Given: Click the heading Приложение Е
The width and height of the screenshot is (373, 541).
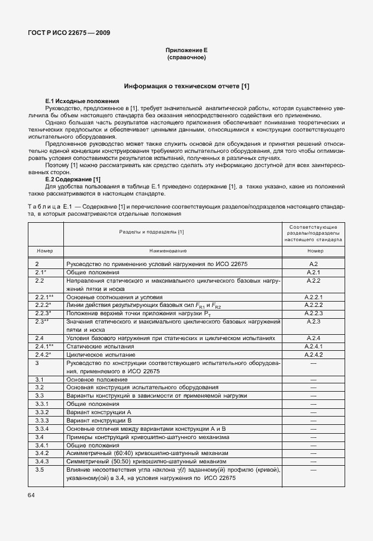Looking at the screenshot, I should tap(186, 51).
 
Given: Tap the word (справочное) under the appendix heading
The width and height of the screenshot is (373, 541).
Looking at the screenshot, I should tap(186, 58).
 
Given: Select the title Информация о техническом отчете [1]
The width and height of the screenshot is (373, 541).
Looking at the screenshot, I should tap(186, 87).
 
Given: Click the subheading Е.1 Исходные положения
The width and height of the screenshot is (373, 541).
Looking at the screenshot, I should tap(82, 101).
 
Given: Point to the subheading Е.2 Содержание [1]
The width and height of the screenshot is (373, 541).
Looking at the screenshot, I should tap(73, 180).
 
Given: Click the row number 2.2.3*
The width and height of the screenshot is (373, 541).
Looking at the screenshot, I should tap(43, 312).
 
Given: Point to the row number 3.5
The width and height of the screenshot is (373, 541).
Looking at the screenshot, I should tap(40, 469).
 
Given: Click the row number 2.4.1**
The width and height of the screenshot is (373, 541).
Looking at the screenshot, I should tap(44, 346).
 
